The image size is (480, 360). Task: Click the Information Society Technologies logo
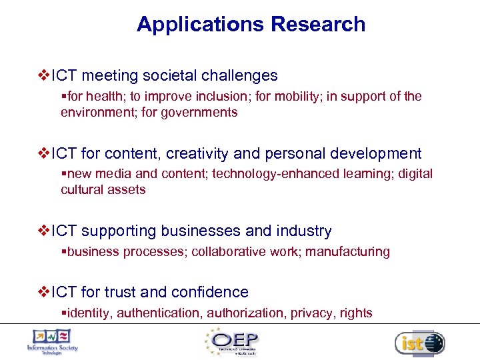[x=53, y=341]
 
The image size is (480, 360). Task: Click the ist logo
[x=419, y=343]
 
